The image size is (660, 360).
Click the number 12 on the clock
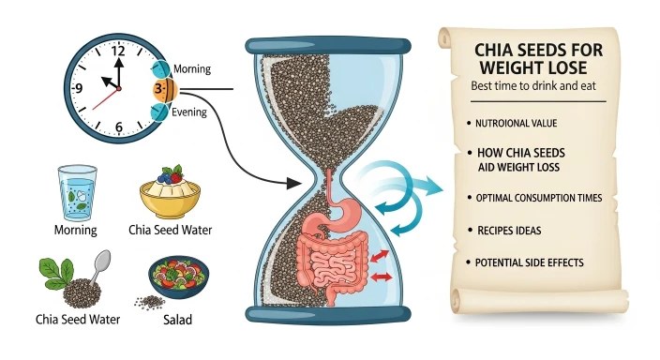[118, 52]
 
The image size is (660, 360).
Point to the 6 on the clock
[119, 127]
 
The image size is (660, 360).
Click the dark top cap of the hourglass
[327, 42]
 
